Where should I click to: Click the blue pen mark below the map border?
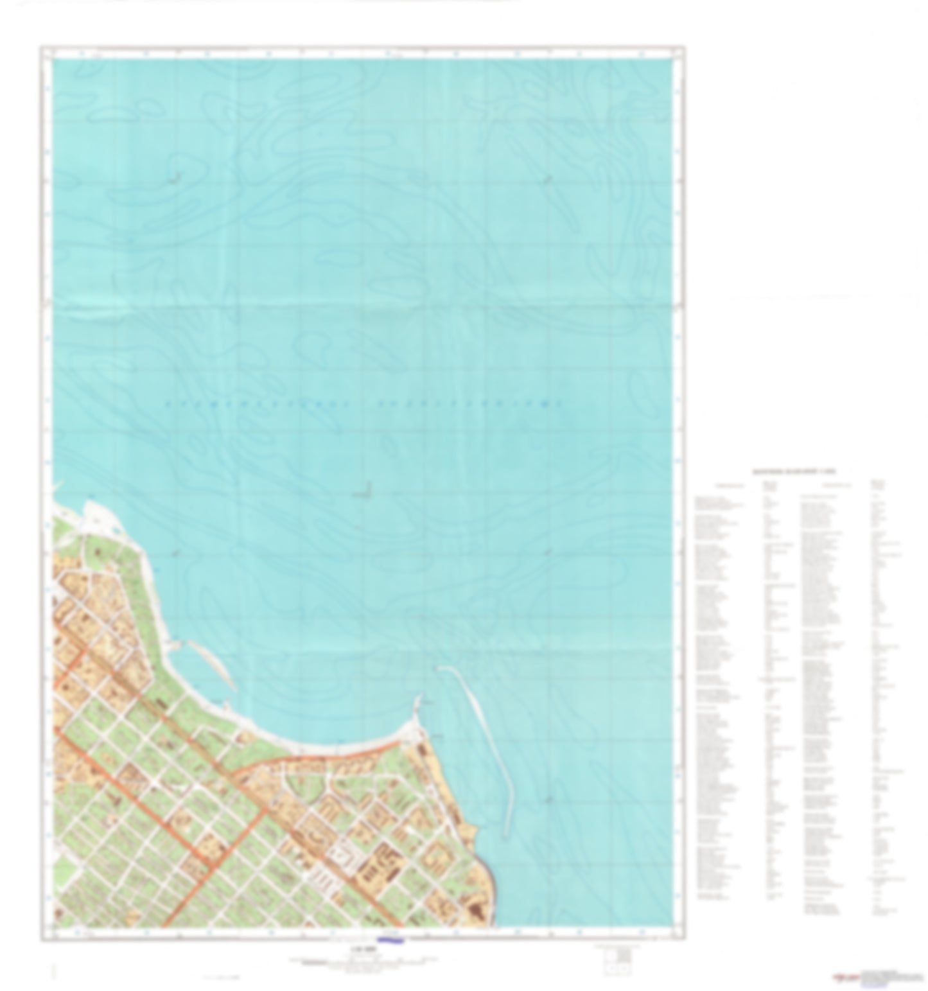(390, 942)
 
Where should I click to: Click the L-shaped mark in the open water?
(364, 491)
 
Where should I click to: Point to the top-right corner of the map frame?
(684, 47)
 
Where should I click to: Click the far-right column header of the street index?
(877, 483)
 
